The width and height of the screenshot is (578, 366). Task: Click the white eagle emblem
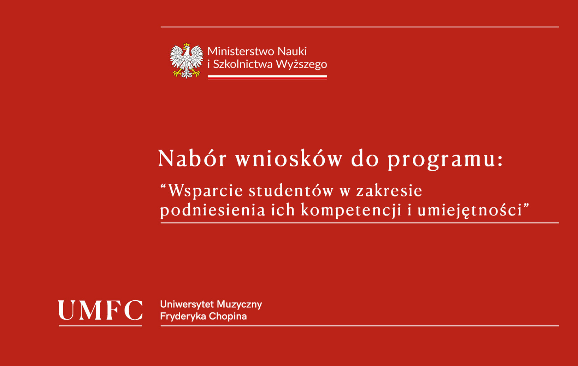tap(186, 61)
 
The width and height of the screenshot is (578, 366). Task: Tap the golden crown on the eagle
tap(186, 45)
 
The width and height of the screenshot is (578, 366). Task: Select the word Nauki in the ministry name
tap(292, 51)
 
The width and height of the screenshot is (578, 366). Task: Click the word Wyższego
tap(301, 65)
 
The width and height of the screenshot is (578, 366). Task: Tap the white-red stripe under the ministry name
tap(267, 77)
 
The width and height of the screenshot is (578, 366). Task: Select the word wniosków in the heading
tap(289, 158)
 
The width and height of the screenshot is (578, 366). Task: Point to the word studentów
tap(291, 191)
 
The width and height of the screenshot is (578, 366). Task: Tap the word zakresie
tap(389, 191)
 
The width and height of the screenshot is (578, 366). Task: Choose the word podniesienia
tap(213, 211)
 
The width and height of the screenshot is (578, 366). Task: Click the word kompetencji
tap(351, 211)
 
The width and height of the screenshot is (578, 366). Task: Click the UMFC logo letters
tap(100, 310)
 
